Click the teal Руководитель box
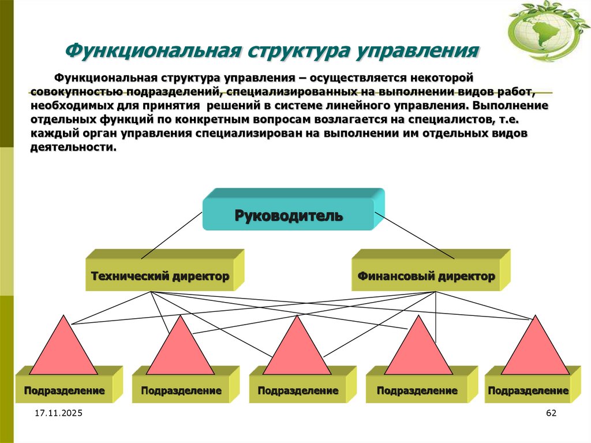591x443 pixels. click(289, 215)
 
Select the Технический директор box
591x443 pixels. click(160, 276)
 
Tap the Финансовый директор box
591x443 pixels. click(426, 276)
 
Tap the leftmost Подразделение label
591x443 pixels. click(64, 391)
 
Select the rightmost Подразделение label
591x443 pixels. click(528, 391)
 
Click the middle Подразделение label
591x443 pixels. click(298, 391)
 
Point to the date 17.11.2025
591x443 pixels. click(58, 414)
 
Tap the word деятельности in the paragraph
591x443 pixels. click(73, 147)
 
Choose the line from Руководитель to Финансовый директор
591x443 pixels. click(414, 234)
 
